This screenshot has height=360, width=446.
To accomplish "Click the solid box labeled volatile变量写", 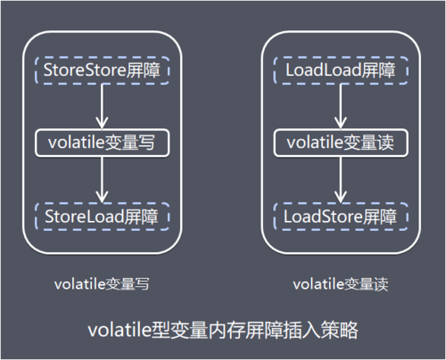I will [103, 141].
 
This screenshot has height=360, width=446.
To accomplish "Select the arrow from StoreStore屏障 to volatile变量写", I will [103, 103].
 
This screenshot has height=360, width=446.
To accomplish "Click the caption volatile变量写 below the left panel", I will [99, 284].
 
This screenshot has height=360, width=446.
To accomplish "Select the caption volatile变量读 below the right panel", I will [336, 284].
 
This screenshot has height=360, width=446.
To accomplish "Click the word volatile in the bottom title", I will [121, 331].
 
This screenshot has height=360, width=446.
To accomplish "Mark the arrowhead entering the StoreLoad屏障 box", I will [103, 197].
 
